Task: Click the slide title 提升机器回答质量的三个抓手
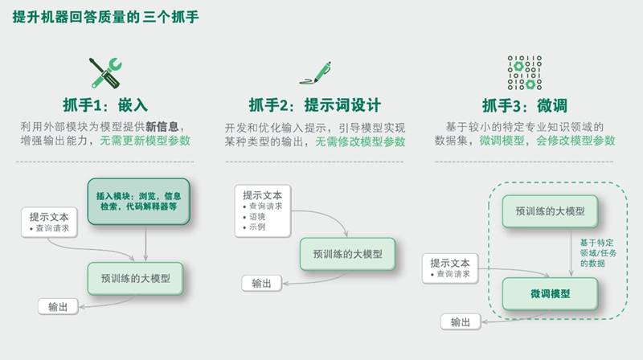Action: pos(105,17)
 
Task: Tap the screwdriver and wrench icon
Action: pos(106,73)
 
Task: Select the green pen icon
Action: pos(315,73)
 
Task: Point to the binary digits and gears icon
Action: pos(525,72)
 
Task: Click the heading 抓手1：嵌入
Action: pos(105,105)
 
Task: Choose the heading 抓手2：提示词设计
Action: pos(315,105)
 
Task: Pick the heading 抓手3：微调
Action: pos(525,106)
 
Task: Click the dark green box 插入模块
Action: pos(138,202)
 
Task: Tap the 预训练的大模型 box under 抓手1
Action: pos(135,278)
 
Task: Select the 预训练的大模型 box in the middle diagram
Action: pos(348,254)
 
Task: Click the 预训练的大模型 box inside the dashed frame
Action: pos(550,211)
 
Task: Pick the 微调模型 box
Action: pos(550,293)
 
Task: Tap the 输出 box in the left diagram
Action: pos(58,307)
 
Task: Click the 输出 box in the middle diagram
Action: pos(262,284)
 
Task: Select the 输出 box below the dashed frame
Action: pos(461,322)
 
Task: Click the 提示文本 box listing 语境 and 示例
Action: pos(263,211)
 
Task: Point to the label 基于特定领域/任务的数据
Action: pos(598,253)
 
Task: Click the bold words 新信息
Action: pos(162,127)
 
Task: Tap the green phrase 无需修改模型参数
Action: pos(360,141)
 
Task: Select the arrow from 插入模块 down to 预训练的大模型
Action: pos(145,243)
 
